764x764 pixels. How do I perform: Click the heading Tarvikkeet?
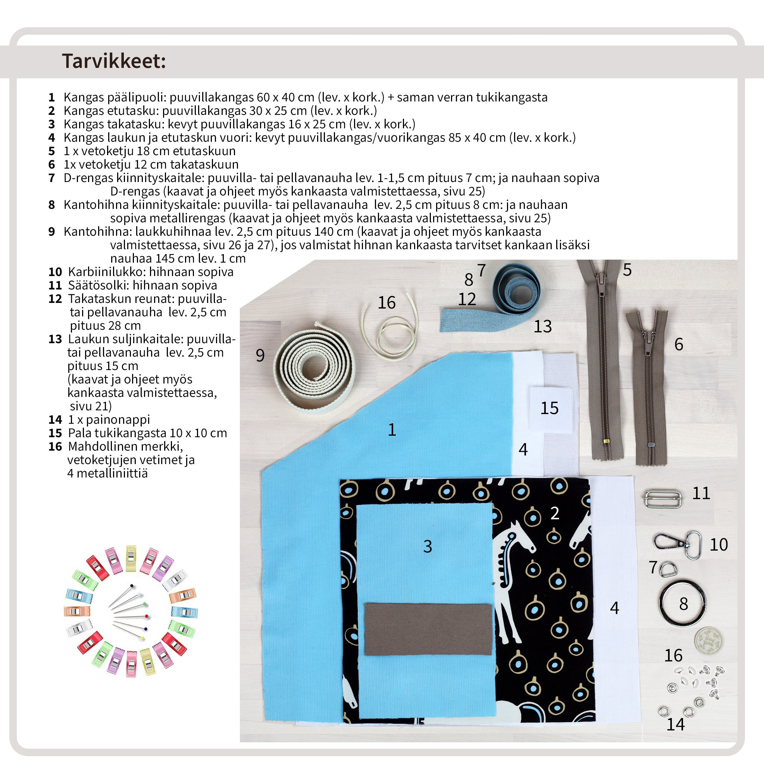click(114, 61)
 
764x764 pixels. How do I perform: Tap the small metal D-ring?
click(668, 569)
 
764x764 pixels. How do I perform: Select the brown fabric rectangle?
click(428, 628)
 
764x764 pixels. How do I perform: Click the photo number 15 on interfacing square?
click(549, 408)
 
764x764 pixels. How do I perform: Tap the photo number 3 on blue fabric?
click(428, 546)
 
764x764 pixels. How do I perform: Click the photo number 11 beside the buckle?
click(701, 493)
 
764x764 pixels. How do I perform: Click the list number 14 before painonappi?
click(55, 420)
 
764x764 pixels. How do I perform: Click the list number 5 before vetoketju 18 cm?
click(51, 151)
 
